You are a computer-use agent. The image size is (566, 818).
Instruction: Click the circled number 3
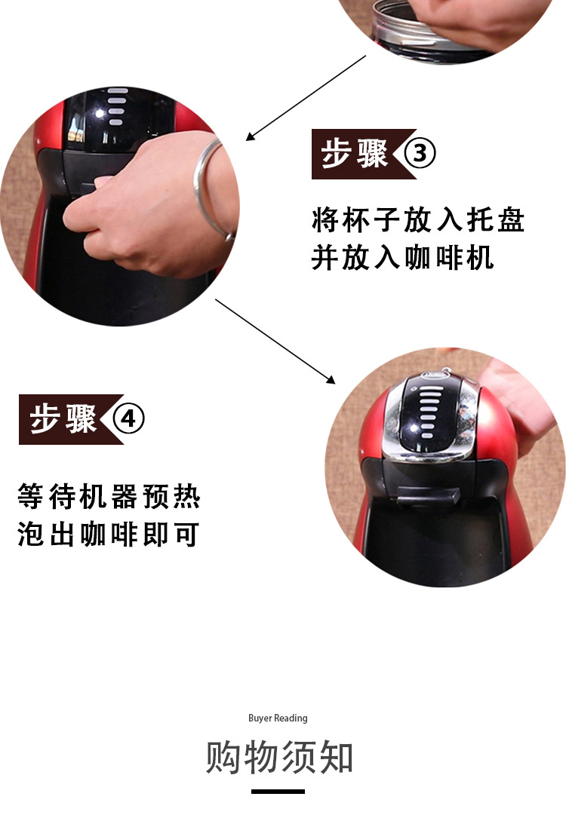420,154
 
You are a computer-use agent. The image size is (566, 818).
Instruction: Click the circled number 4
128,419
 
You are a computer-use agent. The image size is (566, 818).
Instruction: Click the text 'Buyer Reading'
278,718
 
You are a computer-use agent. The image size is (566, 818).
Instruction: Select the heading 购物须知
279,756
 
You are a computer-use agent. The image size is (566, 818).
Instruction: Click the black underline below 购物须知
278,792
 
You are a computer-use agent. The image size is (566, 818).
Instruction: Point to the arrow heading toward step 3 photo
306,98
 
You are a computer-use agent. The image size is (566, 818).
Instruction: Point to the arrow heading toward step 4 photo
275,342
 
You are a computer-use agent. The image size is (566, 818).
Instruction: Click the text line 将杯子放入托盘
418,219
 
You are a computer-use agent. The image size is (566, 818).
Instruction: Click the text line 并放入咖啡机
402,258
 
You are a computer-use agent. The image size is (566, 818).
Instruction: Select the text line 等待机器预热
109,496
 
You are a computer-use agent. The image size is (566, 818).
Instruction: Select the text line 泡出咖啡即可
109,535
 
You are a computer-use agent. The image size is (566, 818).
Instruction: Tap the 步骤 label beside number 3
355,154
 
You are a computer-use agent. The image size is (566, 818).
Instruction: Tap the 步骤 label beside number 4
63,419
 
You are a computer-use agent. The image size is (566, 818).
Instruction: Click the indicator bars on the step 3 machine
116,106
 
